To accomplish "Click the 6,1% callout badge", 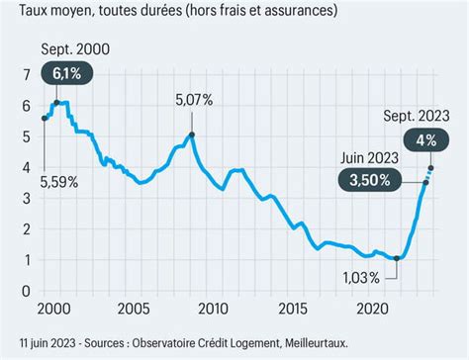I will coord(59,72).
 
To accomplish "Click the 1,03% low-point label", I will coord(357,278).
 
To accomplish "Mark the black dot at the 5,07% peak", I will coord(192,135).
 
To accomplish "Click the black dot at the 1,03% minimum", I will coord(397,259).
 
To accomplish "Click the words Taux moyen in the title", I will coord(48,12).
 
